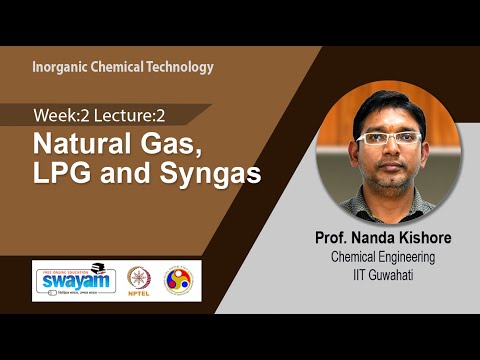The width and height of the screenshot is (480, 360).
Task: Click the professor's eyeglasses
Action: click(x=391, y=138)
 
